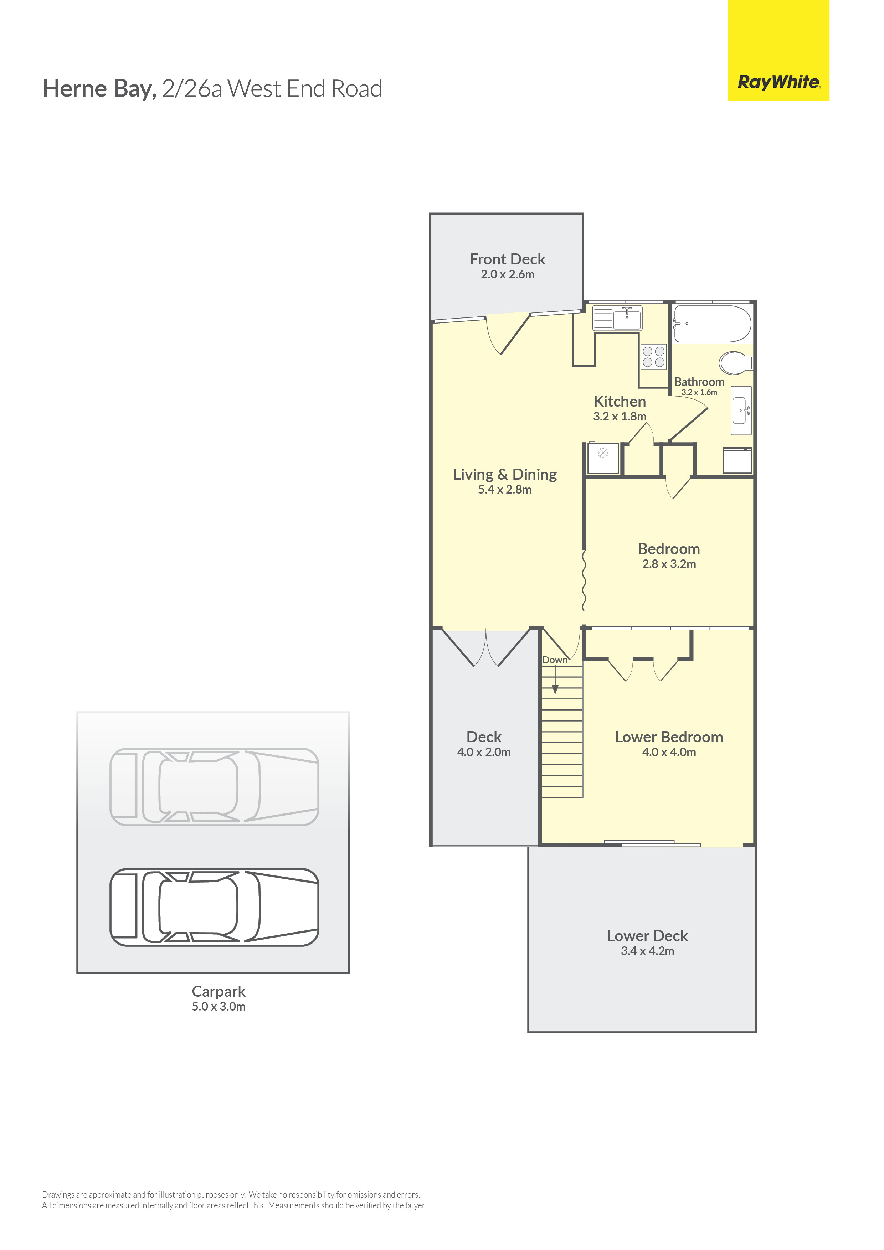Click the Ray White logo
click(778, 50)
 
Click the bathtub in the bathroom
click(712, 324)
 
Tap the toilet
click(736, 363)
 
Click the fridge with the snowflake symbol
click(603, 458)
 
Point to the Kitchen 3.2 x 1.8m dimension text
click(620, 417)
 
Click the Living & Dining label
click(505, 475)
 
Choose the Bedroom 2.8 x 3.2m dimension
click(669, 564)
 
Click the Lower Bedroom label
click(669, 737)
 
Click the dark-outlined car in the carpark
click(214, 907)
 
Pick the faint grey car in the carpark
click(214, 787)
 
